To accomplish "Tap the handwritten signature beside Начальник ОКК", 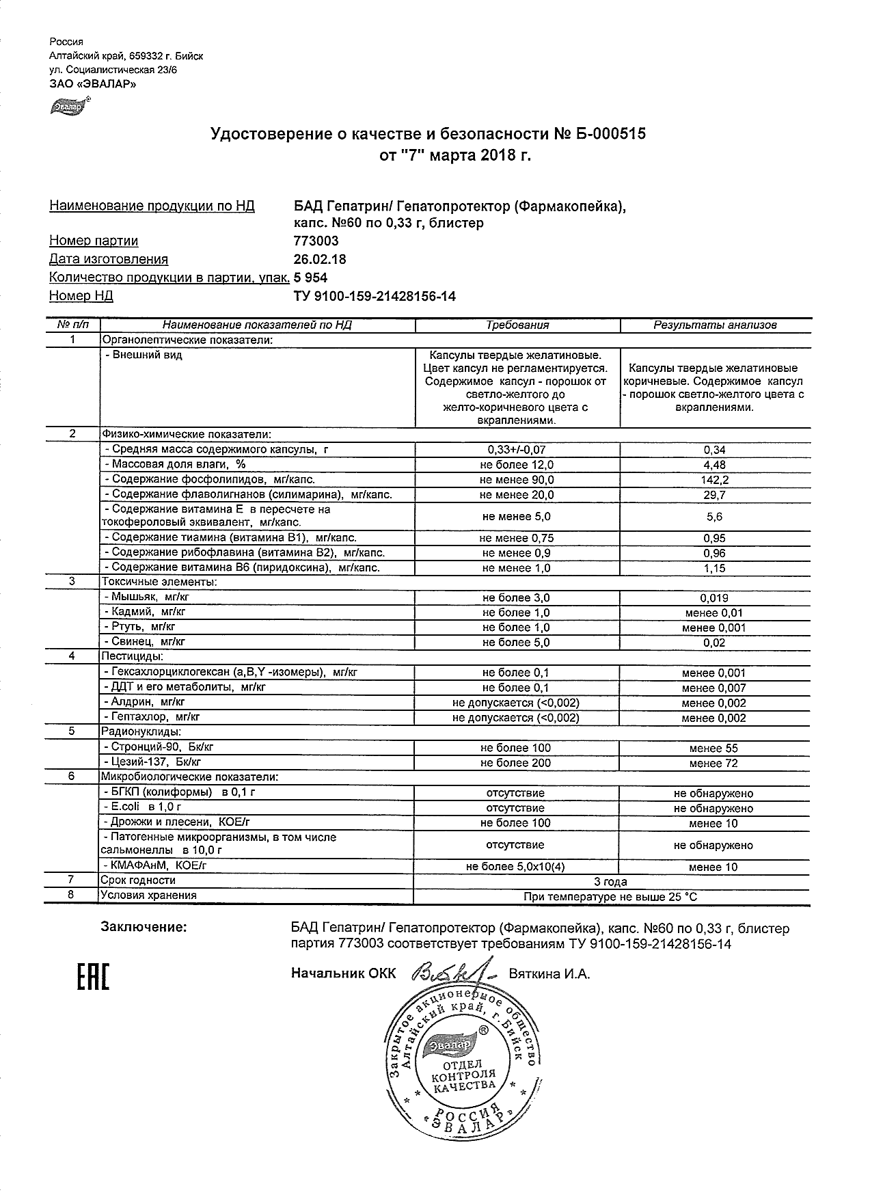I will click(x=451, y=973).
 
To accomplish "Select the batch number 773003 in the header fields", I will click(x=316, y=241).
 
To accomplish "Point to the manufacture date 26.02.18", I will click(x=320, y=259).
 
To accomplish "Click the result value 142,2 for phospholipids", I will click(x=714, y=480).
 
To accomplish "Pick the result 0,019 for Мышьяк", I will click(x=714, y=598).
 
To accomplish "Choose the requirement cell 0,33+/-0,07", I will click(x=517, y=450).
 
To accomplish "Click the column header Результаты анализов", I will click(x=715, y=325).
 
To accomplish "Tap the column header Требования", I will click(x=517, y=325).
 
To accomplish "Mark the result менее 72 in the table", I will click(x=713, y=763).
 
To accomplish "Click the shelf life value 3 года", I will click(x=611, y=881).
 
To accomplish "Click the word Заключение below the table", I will click(x=143, y=928).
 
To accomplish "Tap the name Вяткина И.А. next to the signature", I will click(x=549, y=973).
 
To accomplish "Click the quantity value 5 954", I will click(x=310, y=278).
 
